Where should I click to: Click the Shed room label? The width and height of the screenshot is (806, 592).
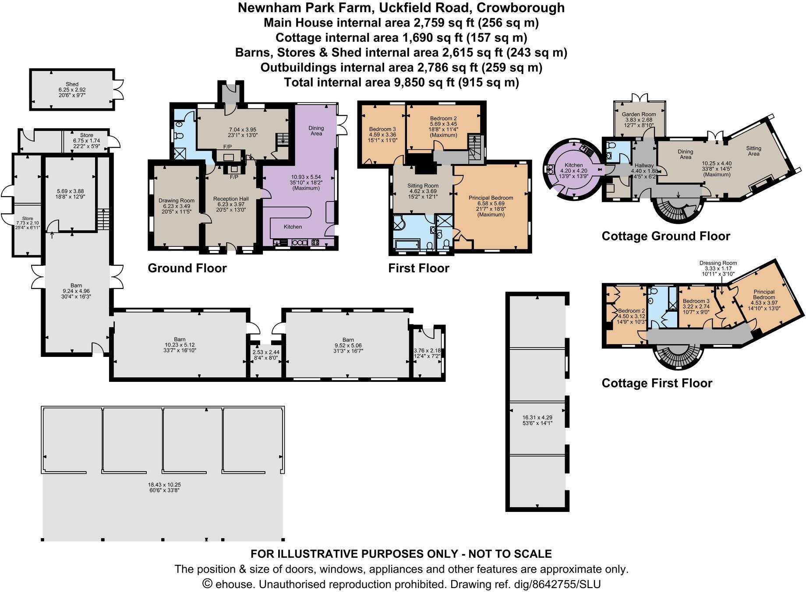[72, 84]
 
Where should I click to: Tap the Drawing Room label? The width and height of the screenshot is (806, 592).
[176, 201]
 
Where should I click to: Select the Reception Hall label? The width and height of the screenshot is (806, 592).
[231, 199]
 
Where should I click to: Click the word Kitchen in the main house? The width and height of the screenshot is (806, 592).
[293, 227]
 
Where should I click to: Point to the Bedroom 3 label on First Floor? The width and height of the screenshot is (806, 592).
[382, 129]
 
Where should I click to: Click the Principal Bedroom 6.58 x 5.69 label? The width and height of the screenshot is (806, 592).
[491, 198]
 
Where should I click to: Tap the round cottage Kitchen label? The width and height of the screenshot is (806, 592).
[574, 165]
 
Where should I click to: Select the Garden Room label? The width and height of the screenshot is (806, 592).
[639, 114]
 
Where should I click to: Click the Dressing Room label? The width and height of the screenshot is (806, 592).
[718, 263]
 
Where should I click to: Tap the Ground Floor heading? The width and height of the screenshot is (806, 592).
[187, 268]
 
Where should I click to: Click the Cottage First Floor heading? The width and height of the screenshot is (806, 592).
[657, 383]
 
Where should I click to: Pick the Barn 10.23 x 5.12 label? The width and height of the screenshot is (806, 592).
[180, 339]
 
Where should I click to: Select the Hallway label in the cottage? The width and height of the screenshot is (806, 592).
[644, 165]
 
